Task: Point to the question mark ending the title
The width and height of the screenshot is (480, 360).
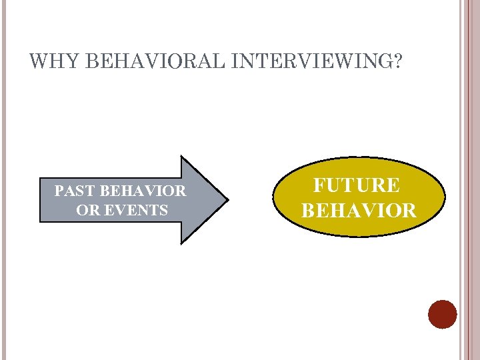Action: (x=397, y=62)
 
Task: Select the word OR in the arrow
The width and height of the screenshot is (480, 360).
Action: (x=86, y=211)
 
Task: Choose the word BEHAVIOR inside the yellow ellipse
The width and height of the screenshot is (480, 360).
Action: (x=359, y=211)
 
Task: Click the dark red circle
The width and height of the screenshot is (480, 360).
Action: (x=443, y=314)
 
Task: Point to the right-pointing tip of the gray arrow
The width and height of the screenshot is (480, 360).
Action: (x=227, y=199)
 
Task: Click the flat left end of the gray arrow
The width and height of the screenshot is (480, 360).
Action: (x=41, y=200)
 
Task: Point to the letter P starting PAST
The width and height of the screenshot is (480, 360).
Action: (x=59, y=191)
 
